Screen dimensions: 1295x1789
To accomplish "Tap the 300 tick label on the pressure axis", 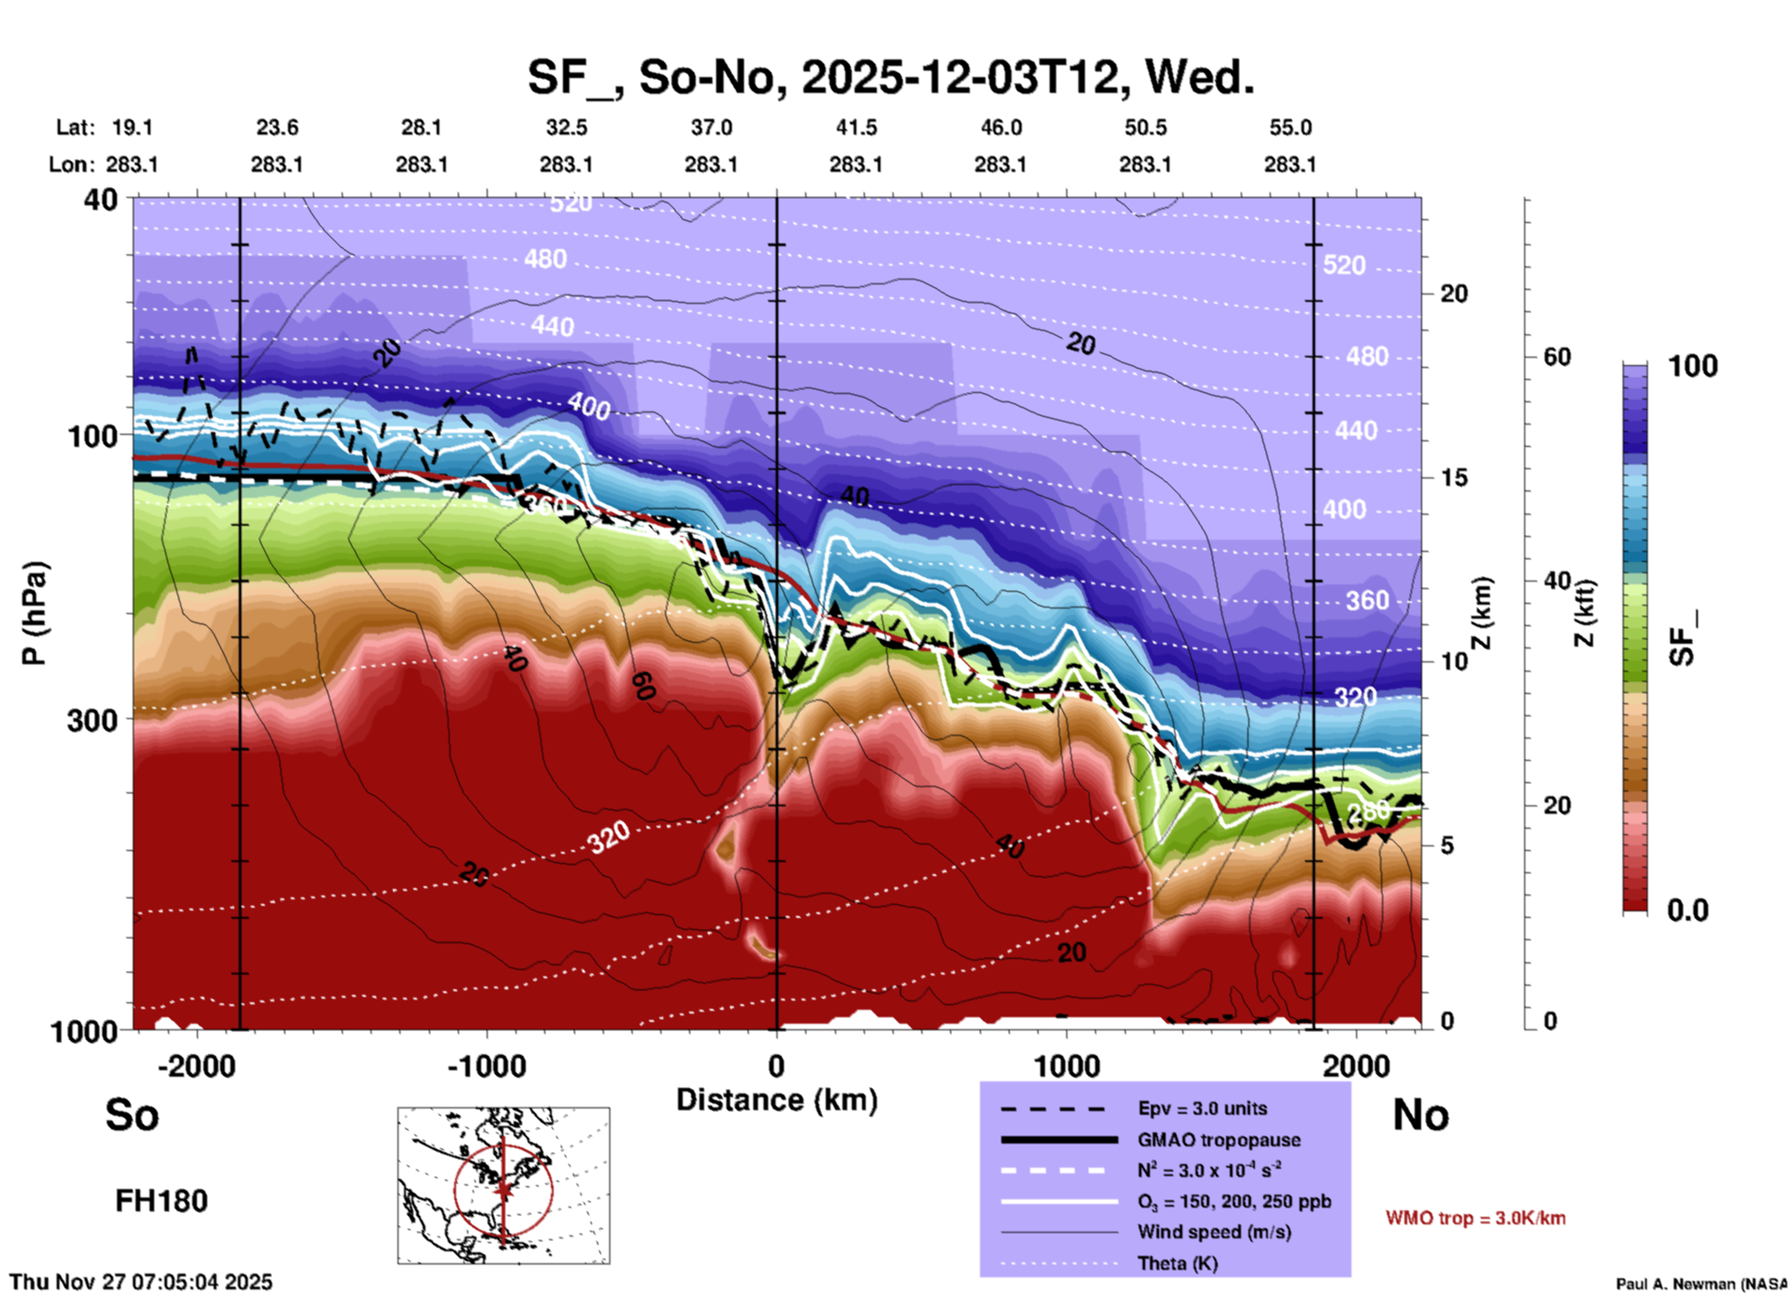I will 92,720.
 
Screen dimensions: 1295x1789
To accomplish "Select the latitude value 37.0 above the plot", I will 711,127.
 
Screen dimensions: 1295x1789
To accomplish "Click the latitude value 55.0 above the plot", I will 1290,127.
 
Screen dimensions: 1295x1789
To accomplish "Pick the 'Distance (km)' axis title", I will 777,1100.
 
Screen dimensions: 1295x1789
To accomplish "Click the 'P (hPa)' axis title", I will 34,613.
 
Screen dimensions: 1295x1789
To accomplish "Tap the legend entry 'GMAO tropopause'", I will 1219,1140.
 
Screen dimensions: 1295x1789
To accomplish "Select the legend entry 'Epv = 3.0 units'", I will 1202,1108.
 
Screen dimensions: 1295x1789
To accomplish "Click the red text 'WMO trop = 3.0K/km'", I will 1475,1218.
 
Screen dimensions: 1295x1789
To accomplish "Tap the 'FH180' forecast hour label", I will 162,1201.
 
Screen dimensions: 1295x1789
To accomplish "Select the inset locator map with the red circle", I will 503,1184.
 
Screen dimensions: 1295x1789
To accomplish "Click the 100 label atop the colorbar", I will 1692,366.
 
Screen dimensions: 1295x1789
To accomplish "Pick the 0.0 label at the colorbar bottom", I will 1688,910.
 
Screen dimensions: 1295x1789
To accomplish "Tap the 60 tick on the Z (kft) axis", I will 1557,357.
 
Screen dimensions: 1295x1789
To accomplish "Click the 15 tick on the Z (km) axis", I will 1454,477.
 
